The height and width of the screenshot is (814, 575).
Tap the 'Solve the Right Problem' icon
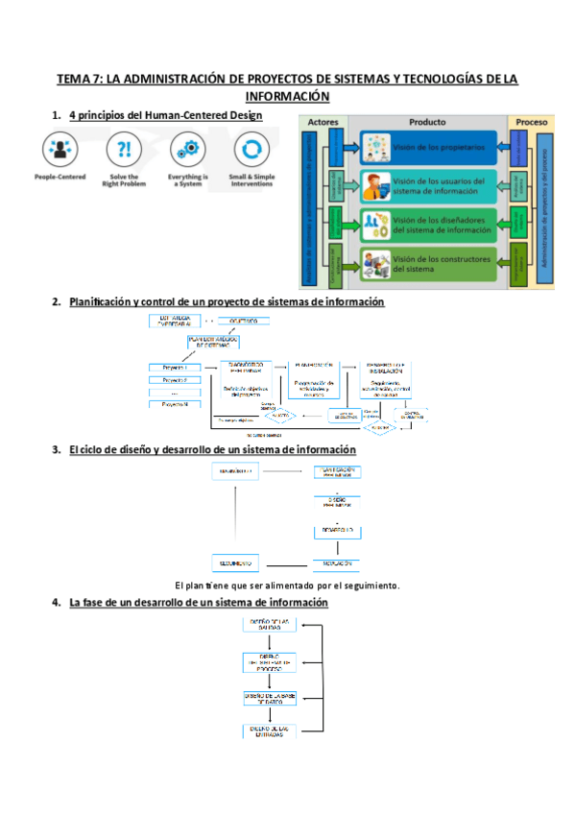click(x=123, y=151)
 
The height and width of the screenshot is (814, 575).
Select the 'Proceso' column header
click(x=532, y=123)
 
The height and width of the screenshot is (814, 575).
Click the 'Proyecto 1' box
click(x=176, y=368)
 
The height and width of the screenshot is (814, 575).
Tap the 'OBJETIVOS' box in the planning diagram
click(x=244, y=321)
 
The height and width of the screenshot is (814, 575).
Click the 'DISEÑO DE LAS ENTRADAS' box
click(x=269, y=731)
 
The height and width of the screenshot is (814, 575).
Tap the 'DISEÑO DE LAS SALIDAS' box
click(x=269, y=625)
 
